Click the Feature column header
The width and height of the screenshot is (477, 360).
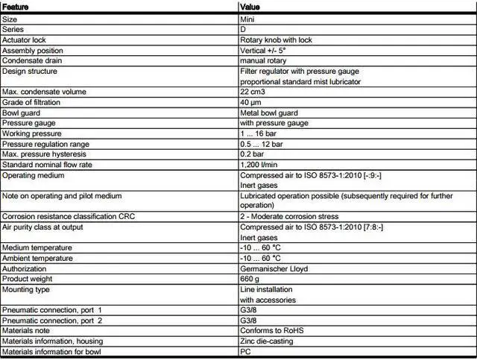click(16, 7)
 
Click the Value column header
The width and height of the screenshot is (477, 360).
click(250, 7)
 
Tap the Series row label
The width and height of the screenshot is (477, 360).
click(13, 29)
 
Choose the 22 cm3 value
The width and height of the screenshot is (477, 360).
click(255, 92)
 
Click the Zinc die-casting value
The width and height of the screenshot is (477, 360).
click(266, 341)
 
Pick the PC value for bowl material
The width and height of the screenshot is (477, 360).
click(245, 351)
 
